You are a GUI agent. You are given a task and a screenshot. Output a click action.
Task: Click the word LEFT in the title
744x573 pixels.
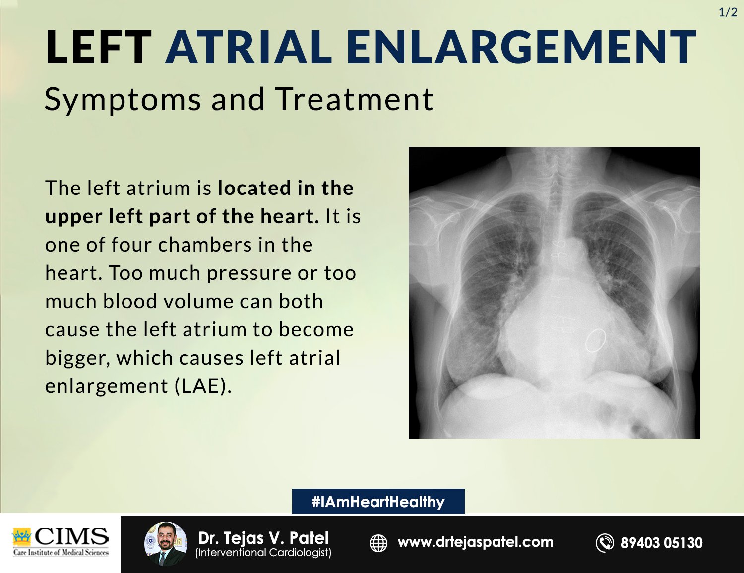[98, 48]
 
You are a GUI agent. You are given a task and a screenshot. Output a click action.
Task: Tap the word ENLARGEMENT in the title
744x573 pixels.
[521, 48]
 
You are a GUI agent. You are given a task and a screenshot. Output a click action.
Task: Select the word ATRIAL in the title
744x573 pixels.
[249, 48]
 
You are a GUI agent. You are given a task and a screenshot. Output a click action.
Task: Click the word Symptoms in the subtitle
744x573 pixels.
[123, 99]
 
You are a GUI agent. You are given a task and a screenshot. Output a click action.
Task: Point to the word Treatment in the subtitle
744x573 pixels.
[354, 99]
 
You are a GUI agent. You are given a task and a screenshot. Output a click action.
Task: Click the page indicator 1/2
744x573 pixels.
[728, 12]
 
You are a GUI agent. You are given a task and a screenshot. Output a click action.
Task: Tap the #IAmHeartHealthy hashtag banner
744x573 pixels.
[378, 502]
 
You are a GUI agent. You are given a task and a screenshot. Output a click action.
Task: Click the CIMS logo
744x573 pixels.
[61, 541]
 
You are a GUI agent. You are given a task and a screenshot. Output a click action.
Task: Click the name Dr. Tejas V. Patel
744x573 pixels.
[263, 538]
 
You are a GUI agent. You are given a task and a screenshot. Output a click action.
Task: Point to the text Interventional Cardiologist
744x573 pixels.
[263, 553]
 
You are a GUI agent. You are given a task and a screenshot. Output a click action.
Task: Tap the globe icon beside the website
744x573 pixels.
[378, 543]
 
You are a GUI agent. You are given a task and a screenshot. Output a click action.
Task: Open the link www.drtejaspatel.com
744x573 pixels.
[475, 542]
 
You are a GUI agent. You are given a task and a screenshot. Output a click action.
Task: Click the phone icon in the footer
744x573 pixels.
[605, 543]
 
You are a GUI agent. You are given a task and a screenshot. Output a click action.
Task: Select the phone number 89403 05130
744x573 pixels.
[662, 543]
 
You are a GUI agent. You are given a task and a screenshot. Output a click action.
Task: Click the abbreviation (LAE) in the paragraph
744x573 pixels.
[203, 386]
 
